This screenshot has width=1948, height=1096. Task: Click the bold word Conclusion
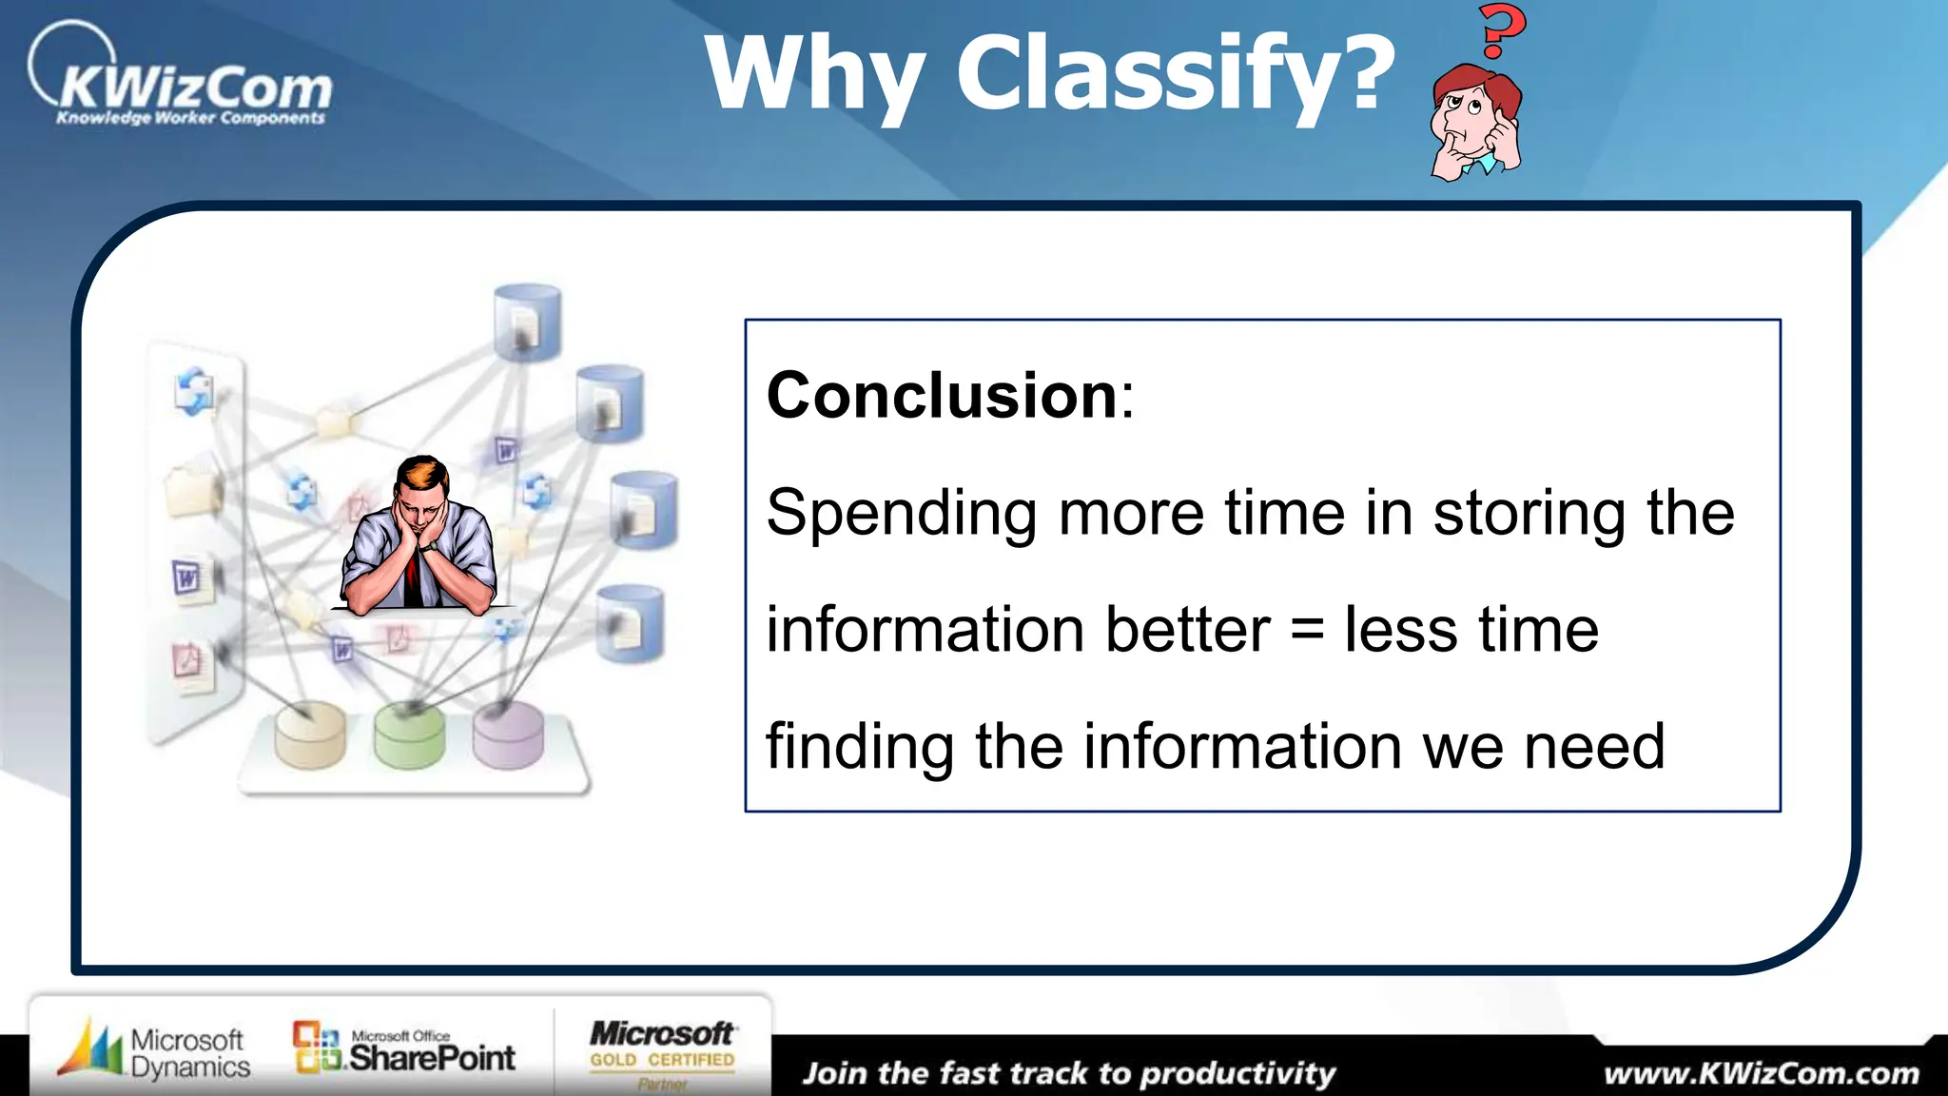pos(942,395)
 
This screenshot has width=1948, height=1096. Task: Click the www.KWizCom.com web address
pos(1761,1074)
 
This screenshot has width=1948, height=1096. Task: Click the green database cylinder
pos(409,736)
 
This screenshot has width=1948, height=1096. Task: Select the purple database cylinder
pos(508,736)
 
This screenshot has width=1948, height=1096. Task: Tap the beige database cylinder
pos(310,736)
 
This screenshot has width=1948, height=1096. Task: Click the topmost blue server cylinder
pos(527,322)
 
